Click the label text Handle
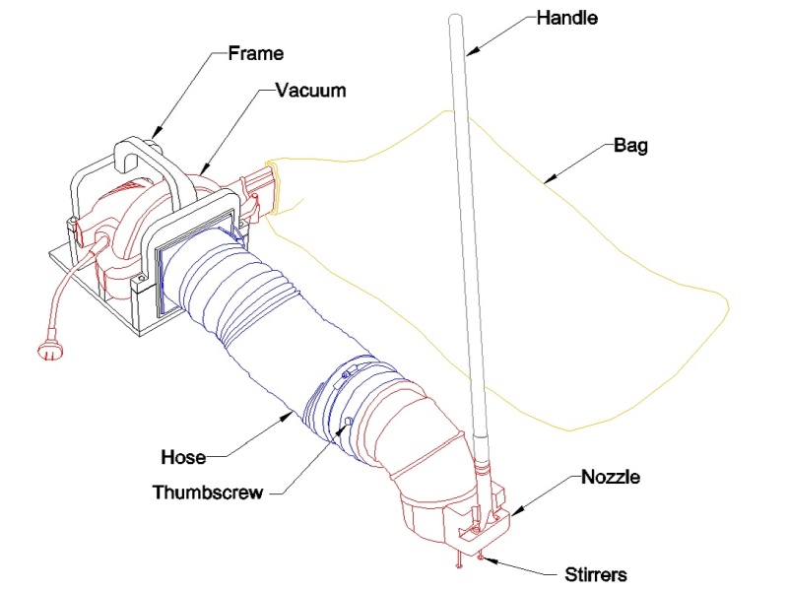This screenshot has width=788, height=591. (x=567, y=18)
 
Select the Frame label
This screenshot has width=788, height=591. (x=256, y=53)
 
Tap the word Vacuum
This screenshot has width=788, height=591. (x=311, y=91)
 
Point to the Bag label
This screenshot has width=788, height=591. (x=630, y=146)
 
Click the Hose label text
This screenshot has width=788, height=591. (x=183, y=457)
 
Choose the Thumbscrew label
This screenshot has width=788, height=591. (x=208, y=492)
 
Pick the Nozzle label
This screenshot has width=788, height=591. (x=611, y=477)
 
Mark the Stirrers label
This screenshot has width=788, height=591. (x=596, y=574)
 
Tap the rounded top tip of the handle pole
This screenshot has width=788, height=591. (x=455, y=18)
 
